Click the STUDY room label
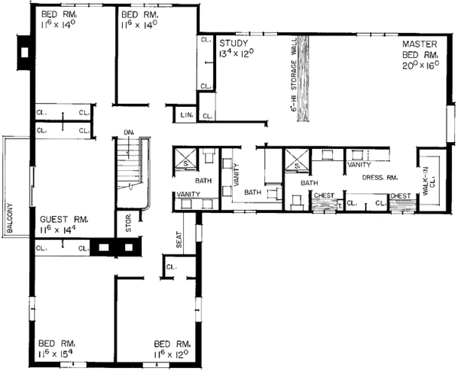tap(233, 43)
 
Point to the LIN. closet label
tap(186, 115)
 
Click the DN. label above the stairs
tap(127, 134)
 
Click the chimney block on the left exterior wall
tap(24, 52)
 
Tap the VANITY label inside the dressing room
tap(359, 164)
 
